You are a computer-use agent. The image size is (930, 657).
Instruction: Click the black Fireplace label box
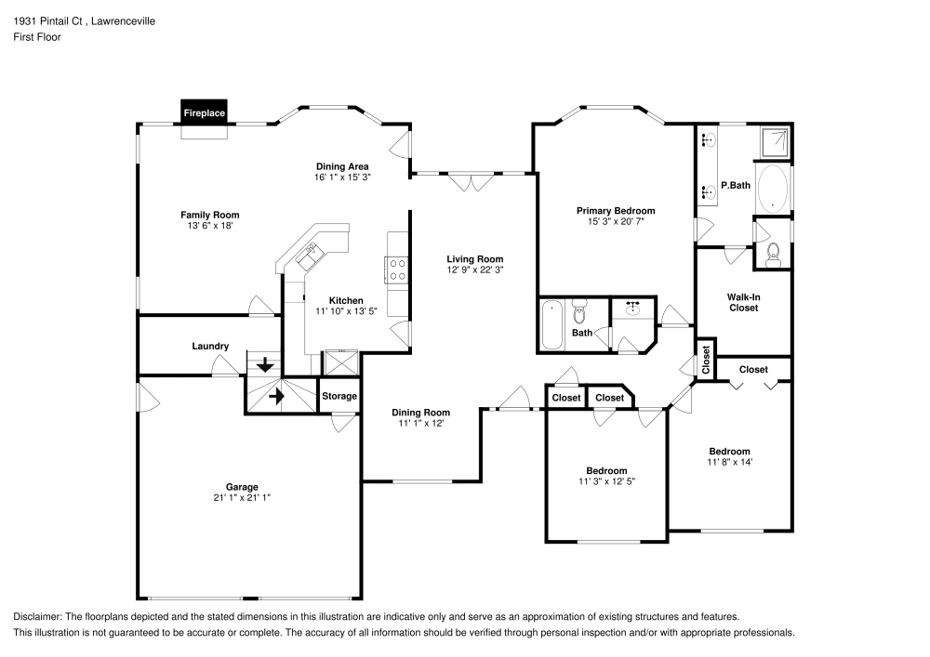click(204, 112)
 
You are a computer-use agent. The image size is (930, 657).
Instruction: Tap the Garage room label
click(242, 487)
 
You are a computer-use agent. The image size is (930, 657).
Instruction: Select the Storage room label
click(339, 396)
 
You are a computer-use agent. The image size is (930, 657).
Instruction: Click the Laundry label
click(210, 347)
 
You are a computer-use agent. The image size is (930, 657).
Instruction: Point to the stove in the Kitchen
click(397, 269)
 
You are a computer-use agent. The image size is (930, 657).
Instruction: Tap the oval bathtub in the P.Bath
click(773, 190)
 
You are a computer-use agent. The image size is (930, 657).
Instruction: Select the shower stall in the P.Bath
click(774, 141)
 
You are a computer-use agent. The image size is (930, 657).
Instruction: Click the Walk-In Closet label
click(743, 302)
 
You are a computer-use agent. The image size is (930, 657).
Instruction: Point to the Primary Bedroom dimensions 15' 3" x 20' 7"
click(615, 222)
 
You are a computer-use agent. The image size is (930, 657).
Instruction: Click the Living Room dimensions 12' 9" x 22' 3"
click(474, 270)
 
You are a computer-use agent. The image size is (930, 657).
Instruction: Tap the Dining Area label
click(341, 166)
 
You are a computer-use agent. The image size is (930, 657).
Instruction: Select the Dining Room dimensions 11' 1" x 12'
click(420, 424)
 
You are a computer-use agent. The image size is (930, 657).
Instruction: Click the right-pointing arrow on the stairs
click(276, 396)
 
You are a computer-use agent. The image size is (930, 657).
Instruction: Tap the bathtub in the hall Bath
click(551, 325)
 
